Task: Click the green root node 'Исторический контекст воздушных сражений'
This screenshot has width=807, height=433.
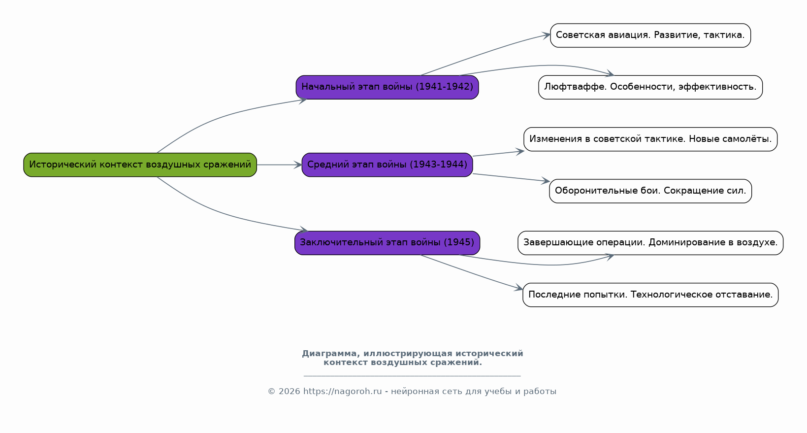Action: (x=140, y=165)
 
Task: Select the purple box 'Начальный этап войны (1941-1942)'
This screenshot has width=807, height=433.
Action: (x=387, y=87)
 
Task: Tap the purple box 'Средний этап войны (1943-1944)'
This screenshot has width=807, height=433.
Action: (x=387, y=165)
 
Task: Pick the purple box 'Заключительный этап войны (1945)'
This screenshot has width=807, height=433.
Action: (x=387, y=243)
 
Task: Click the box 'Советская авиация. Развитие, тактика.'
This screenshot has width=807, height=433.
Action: (x=650, y=35)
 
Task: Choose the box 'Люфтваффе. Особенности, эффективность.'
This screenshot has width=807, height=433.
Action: (x=650, y=87)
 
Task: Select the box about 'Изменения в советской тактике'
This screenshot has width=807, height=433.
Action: (x=650, y=139)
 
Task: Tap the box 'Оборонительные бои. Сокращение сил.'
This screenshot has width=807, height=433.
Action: (x=650, y=191)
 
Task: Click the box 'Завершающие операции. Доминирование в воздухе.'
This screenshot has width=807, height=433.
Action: (x=650, y=243)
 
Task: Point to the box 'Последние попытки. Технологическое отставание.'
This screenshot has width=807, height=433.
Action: (x=650, y=295)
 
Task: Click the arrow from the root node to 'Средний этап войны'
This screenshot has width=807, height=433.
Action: (x=279, y=165)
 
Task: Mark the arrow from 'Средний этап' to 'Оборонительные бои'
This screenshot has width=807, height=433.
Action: (x=511, y=178)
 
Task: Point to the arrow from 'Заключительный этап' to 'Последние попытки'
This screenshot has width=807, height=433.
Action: (x=472, y=273)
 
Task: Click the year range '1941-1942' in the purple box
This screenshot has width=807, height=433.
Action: (x=444, y=87)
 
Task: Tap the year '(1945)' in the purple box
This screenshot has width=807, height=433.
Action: (x=458, y=242)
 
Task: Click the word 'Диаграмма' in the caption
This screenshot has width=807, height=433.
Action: (x=331, y=354)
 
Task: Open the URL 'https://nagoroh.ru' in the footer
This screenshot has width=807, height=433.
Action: (x=342, y=392)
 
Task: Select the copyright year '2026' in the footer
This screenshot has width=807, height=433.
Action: (x=290, y=392)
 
